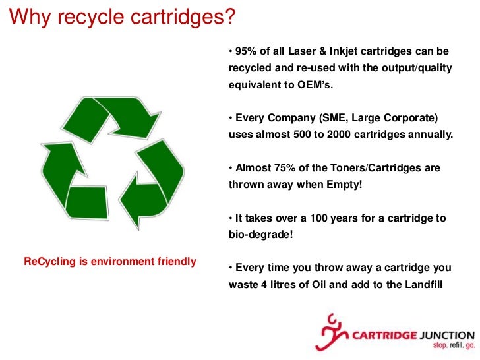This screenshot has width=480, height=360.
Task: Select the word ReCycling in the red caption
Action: pos(49,262)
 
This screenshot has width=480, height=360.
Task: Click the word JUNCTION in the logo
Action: pos(446,334)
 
